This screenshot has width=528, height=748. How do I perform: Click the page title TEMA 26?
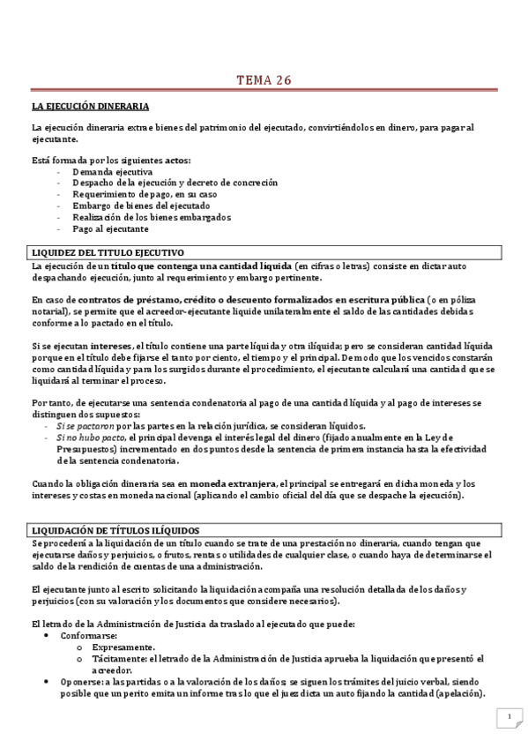click(x=264, y=81)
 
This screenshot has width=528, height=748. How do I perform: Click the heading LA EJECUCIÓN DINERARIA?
click(x=90, y=106)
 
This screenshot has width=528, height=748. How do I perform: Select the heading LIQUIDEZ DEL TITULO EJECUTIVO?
click(x=108, y=252)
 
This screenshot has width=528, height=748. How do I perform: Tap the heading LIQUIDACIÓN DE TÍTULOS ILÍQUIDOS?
click(x=115, y=529)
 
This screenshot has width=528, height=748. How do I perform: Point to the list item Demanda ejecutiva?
click(x=106, y=171)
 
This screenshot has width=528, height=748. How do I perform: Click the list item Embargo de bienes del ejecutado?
click(x=135, y=206)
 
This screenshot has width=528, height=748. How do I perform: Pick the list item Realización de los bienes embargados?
click(x=152, y=217)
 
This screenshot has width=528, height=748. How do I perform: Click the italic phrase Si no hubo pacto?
click(x=91, y=437)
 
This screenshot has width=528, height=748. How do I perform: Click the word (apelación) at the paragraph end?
click(x=458, y=692)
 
